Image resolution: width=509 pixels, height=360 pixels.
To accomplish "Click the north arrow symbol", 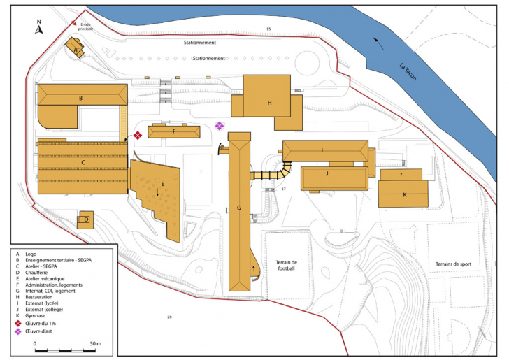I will (39, 28).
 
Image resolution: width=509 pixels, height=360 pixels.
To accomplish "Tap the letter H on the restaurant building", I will (269, 103).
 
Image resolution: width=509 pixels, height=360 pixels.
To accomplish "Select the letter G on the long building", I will (239, 208).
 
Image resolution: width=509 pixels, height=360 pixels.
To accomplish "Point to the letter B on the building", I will (81, 99).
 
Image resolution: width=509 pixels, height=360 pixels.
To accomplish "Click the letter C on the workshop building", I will (83, 163).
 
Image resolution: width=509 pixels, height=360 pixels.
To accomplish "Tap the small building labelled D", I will (85, 220).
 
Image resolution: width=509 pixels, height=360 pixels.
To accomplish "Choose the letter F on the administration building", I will (174, 131).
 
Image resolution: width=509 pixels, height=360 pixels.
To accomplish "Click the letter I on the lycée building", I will (322, 150).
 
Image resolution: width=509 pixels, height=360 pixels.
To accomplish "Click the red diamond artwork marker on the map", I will (138, 135).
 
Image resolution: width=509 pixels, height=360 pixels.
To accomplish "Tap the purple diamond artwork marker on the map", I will (219, 126).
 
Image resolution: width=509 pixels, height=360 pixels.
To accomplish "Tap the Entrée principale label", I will (86, 27).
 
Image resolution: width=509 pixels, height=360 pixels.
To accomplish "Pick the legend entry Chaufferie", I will (38, 273).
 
